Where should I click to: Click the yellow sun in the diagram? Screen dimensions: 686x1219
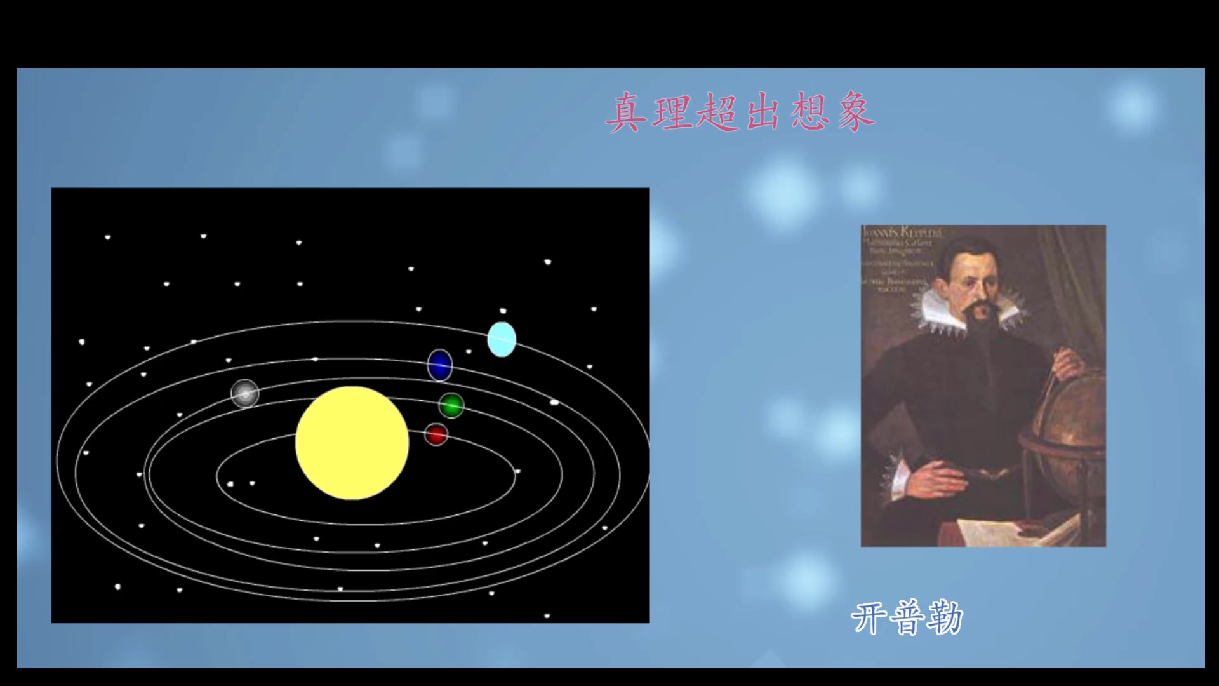pyautogui.click(x=352, y=443)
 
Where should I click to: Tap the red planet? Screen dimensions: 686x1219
pyautogui.click(x=436, y=435)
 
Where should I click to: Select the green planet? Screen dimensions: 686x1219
pyautogui.click(x=451, y=405)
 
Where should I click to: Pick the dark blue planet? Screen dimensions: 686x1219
pyautogui.click(x=439, y=365)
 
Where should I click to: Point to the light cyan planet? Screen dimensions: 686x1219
pyautogui.click(x=502, y=339)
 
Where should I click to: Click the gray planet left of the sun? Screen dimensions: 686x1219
pyautogui.click(x=245, y=393)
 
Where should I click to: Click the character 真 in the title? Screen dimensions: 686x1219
pyautogui.click(x=627, y=113)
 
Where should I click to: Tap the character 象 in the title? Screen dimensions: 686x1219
pyautogui.click(x=856, y=113)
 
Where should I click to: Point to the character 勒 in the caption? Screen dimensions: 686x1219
pyautogui.click(x=945, y=618)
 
